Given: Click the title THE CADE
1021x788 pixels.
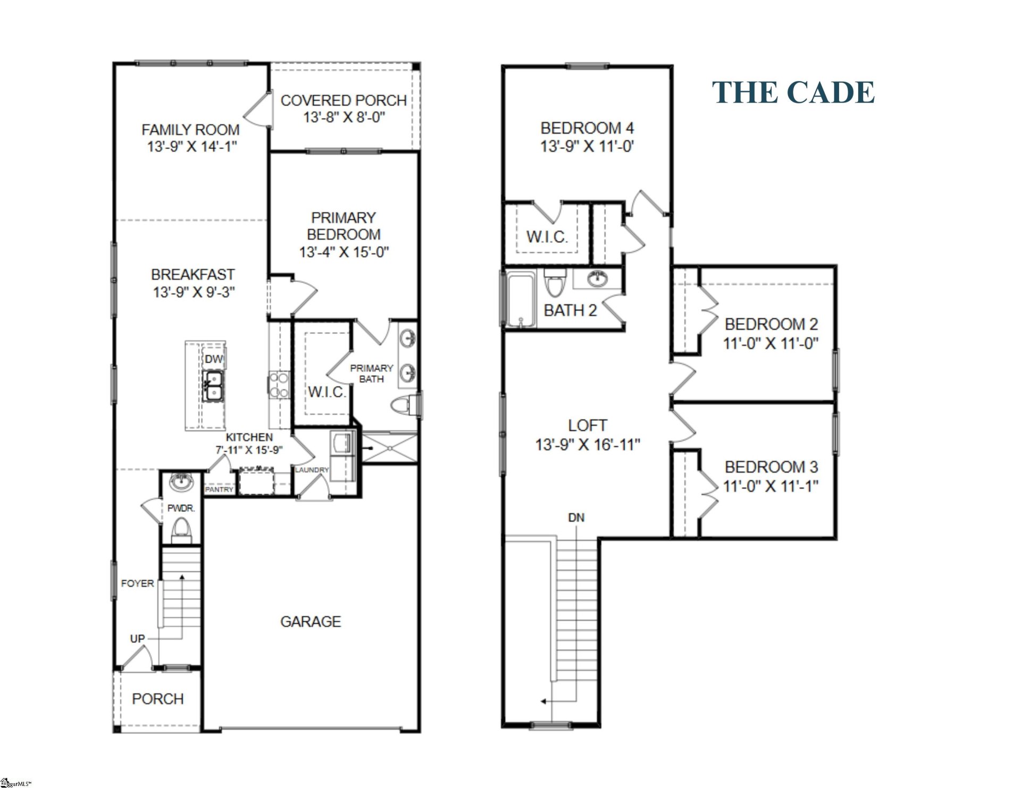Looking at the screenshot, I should tap(793, 92).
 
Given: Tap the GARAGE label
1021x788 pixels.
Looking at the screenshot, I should tap(311, 621).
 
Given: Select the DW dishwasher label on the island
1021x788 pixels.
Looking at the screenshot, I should tap(214, 359).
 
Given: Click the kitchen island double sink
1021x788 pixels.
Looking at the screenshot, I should tap(214, 386).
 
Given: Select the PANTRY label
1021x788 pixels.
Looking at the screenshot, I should tap(219, 489).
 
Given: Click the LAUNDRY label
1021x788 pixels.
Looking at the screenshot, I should tap(312, 470).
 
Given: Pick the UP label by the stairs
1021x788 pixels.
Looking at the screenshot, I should tap(137, 638).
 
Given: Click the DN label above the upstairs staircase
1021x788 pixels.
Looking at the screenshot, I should tap(576, 517).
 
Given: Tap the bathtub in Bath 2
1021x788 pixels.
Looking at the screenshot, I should tap(520, 299).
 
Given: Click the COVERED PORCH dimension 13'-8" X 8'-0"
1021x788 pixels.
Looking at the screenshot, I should tap(344, 117).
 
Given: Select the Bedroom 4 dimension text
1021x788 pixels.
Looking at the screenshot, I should tap(587, 146).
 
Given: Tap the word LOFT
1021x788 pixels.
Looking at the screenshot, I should tap(587, 425).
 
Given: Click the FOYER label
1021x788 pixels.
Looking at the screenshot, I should tap(137, 583).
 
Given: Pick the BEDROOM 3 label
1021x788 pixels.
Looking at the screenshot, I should tap(771, 467).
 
